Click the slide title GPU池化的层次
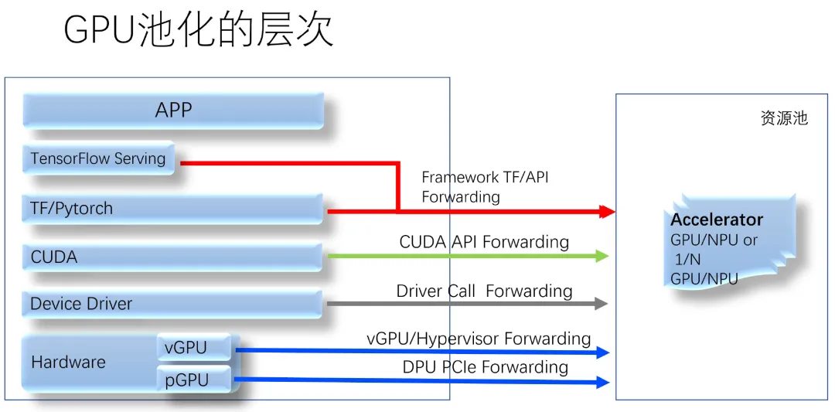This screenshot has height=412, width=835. tap(198, 31)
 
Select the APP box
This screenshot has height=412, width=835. tap(173, 111)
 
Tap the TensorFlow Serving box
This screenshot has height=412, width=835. tap(99, 159)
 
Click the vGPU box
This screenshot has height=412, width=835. tap(194, 348)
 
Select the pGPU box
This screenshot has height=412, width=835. tap(194, 380)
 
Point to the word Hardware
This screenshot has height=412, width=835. tap(68, 362)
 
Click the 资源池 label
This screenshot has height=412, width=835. tap(784, 118)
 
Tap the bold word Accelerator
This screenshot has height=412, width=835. tap(717, 220)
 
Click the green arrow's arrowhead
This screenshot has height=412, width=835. tap(602, 256)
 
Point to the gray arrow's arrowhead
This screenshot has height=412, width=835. tap(601, 304)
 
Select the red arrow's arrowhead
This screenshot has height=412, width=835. tap(606, 211)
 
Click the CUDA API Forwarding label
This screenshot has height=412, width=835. tap(484, 242)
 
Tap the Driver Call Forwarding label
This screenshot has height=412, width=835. tap(484, 291)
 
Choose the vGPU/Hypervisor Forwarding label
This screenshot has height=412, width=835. tap(479, 339)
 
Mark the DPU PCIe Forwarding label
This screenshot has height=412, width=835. tap(485, 367)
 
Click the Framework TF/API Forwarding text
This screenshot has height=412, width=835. tap(485, 187)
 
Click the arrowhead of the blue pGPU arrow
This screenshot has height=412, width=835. tap(602, 382)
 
